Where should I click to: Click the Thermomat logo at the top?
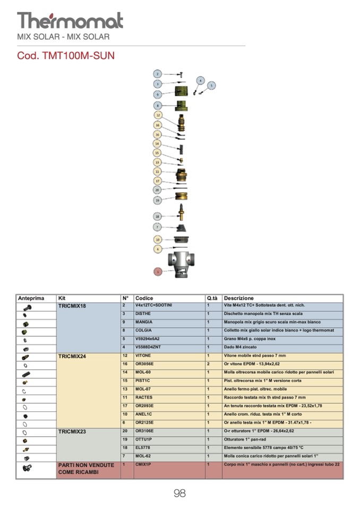70,21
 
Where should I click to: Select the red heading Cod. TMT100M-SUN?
66,56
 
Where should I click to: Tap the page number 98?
179,494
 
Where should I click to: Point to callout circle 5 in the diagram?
211,85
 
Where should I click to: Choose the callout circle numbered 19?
157,200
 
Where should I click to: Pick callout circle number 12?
157,115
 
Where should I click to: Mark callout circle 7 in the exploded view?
157,227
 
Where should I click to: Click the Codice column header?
144,299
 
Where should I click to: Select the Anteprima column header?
31,299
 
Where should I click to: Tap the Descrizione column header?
239,299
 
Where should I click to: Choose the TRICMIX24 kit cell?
72,357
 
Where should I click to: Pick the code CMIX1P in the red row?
144,464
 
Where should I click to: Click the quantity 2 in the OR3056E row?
209,364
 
